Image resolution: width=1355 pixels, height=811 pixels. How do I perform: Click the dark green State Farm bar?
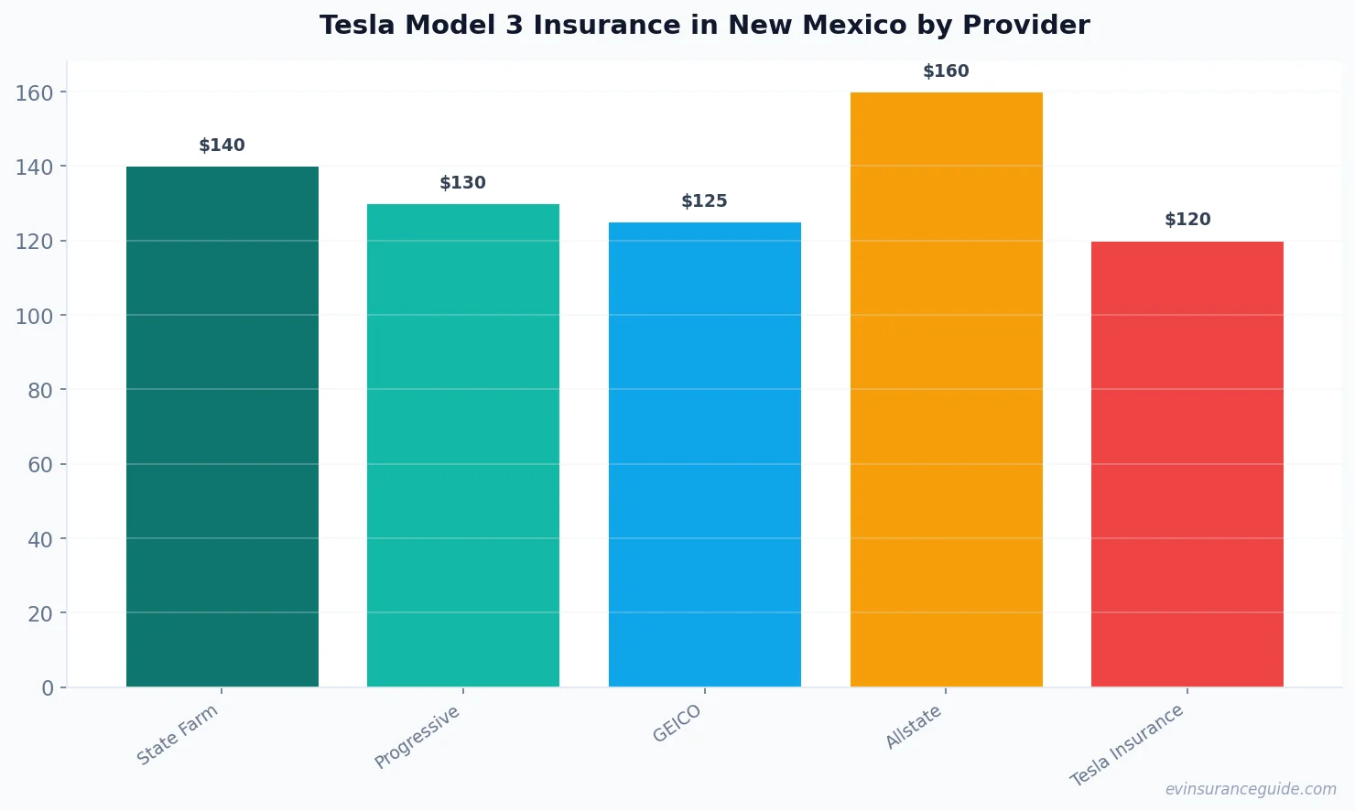point(222,427)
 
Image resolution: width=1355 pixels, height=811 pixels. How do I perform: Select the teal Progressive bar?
point(463,445)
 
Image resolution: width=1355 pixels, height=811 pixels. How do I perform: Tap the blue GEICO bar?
point(704,454)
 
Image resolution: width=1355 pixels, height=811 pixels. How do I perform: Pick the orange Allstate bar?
point(946,389)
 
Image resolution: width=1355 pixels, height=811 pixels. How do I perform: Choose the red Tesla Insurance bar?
point(1187,464)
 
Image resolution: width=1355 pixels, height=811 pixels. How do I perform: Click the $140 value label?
point(222,146)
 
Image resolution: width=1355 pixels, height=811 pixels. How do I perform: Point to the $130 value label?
point(463,183)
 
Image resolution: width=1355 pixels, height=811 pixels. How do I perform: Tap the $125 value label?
point(704,201)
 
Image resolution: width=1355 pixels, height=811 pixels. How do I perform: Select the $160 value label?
point(946,71)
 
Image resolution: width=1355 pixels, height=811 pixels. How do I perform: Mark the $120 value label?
point(1187,220)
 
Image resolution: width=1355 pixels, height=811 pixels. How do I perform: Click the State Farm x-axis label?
point(178,735)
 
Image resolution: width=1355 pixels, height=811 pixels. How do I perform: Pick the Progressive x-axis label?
point(417,738)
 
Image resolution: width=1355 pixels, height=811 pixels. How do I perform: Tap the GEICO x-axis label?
point(677,724)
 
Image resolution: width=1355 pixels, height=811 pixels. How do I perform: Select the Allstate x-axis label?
point(914,728)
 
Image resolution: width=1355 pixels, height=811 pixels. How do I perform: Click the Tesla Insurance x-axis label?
point(1127,745)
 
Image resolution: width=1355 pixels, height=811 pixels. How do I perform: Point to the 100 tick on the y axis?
point(34,316)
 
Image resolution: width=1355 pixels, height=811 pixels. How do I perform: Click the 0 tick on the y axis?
point(48,688)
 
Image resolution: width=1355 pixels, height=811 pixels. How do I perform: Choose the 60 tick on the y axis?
point(40,465)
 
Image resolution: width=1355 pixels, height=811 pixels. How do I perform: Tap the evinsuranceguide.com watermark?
point(1251,789)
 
